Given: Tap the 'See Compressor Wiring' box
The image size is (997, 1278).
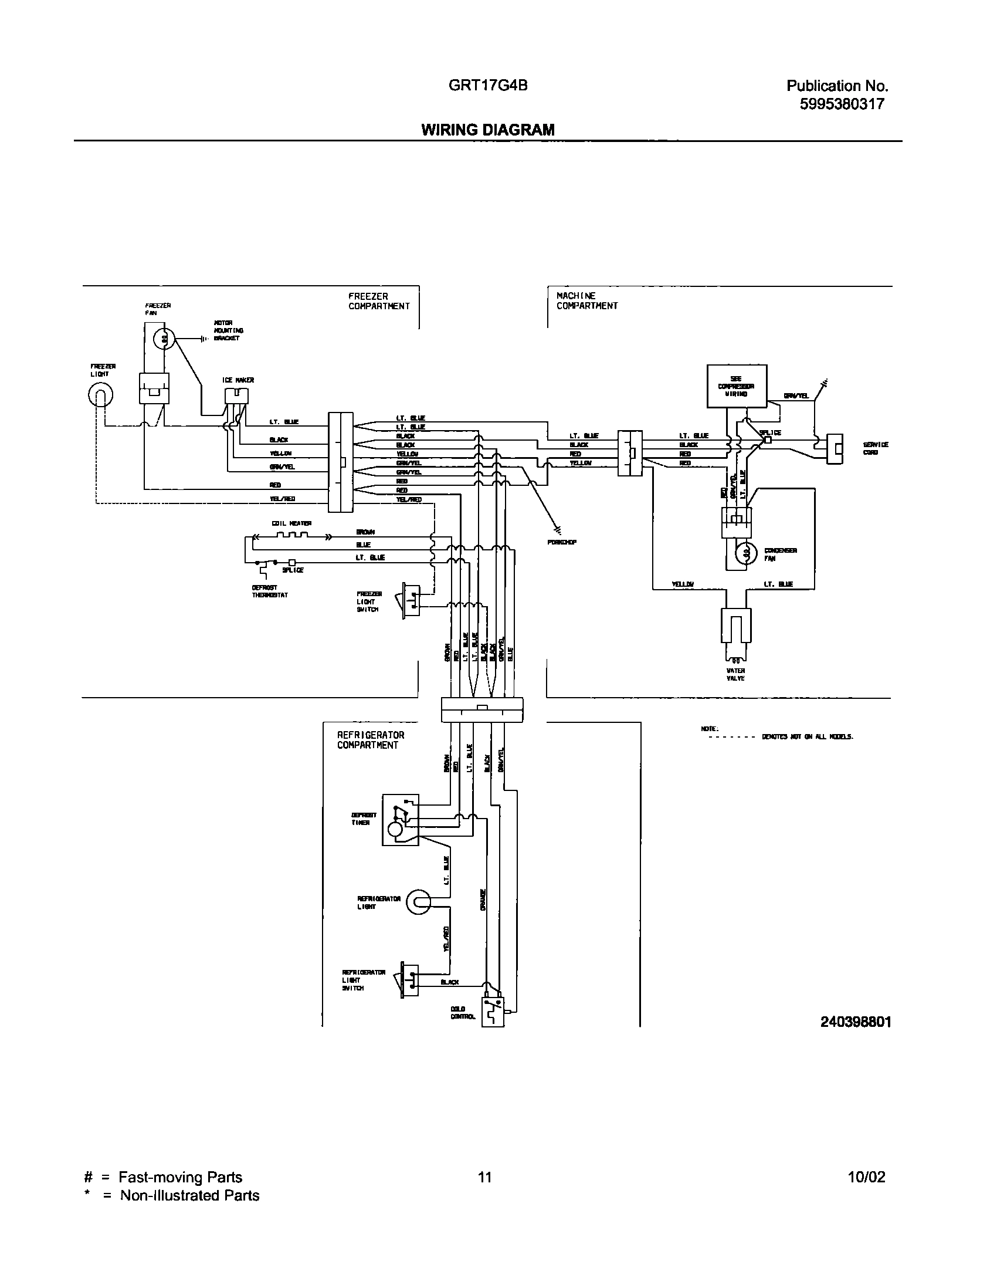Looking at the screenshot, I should (x=736, y=386).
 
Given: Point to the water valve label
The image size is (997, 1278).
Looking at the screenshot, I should (x=735, y=674).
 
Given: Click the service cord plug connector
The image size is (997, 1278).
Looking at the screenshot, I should (x=835, y=449).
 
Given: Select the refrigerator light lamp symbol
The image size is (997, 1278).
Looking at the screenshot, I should (x=418, y=901).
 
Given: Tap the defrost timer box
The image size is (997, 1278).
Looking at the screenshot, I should (x=400, y=820).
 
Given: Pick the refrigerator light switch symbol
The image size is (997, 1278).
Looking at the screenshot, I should (x=409, y=979).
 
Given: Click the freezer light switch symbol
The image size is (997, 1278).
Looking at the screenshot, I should (x=411, y=601).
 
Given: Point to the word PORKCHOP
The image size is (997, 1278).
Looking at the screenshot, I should (x=562, y=542).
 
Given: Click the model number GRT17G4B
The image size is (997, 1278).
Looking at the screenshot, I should (x=488, y=85).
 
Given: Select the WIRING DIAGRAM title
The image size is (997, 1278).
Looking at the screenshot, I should (x=488, y=130).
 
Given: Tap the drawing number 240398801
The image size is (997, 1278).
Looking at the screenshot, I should (x=856, y=1022).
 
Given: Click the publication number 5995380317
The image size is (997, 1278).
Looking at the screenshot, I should (x=842, y=104).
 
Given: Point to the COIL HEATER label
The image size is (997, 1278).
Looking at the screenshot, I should (x=291, y=523).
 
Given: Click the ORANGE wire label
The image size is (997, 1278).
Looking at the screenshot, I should (x=483, y=900).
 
